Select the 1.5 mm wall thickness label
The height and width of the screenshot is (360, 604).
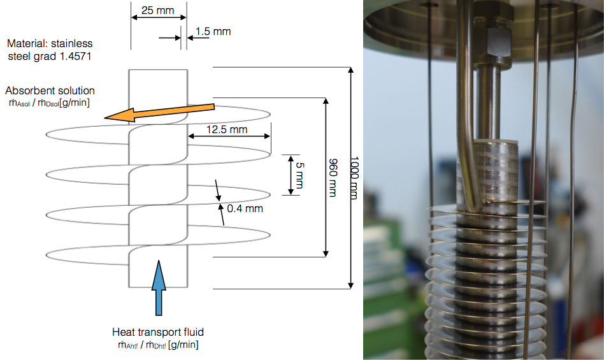tap(213, 31)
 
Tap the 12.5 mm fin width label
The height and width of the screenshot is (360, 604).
tap(227, 130)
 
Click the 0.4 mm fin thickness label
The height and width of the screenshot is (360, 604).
tap(245, 208)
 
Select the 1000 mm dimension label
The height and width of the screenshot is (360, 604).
tap(355, 177)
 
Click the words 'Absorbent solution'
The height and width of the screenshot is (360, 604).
tap(50, 91)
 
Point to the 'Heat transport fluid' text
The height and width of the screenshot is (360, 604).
tap(157, 332)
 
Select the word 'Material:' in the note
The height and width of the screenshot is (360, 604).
tap(26, 44)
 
